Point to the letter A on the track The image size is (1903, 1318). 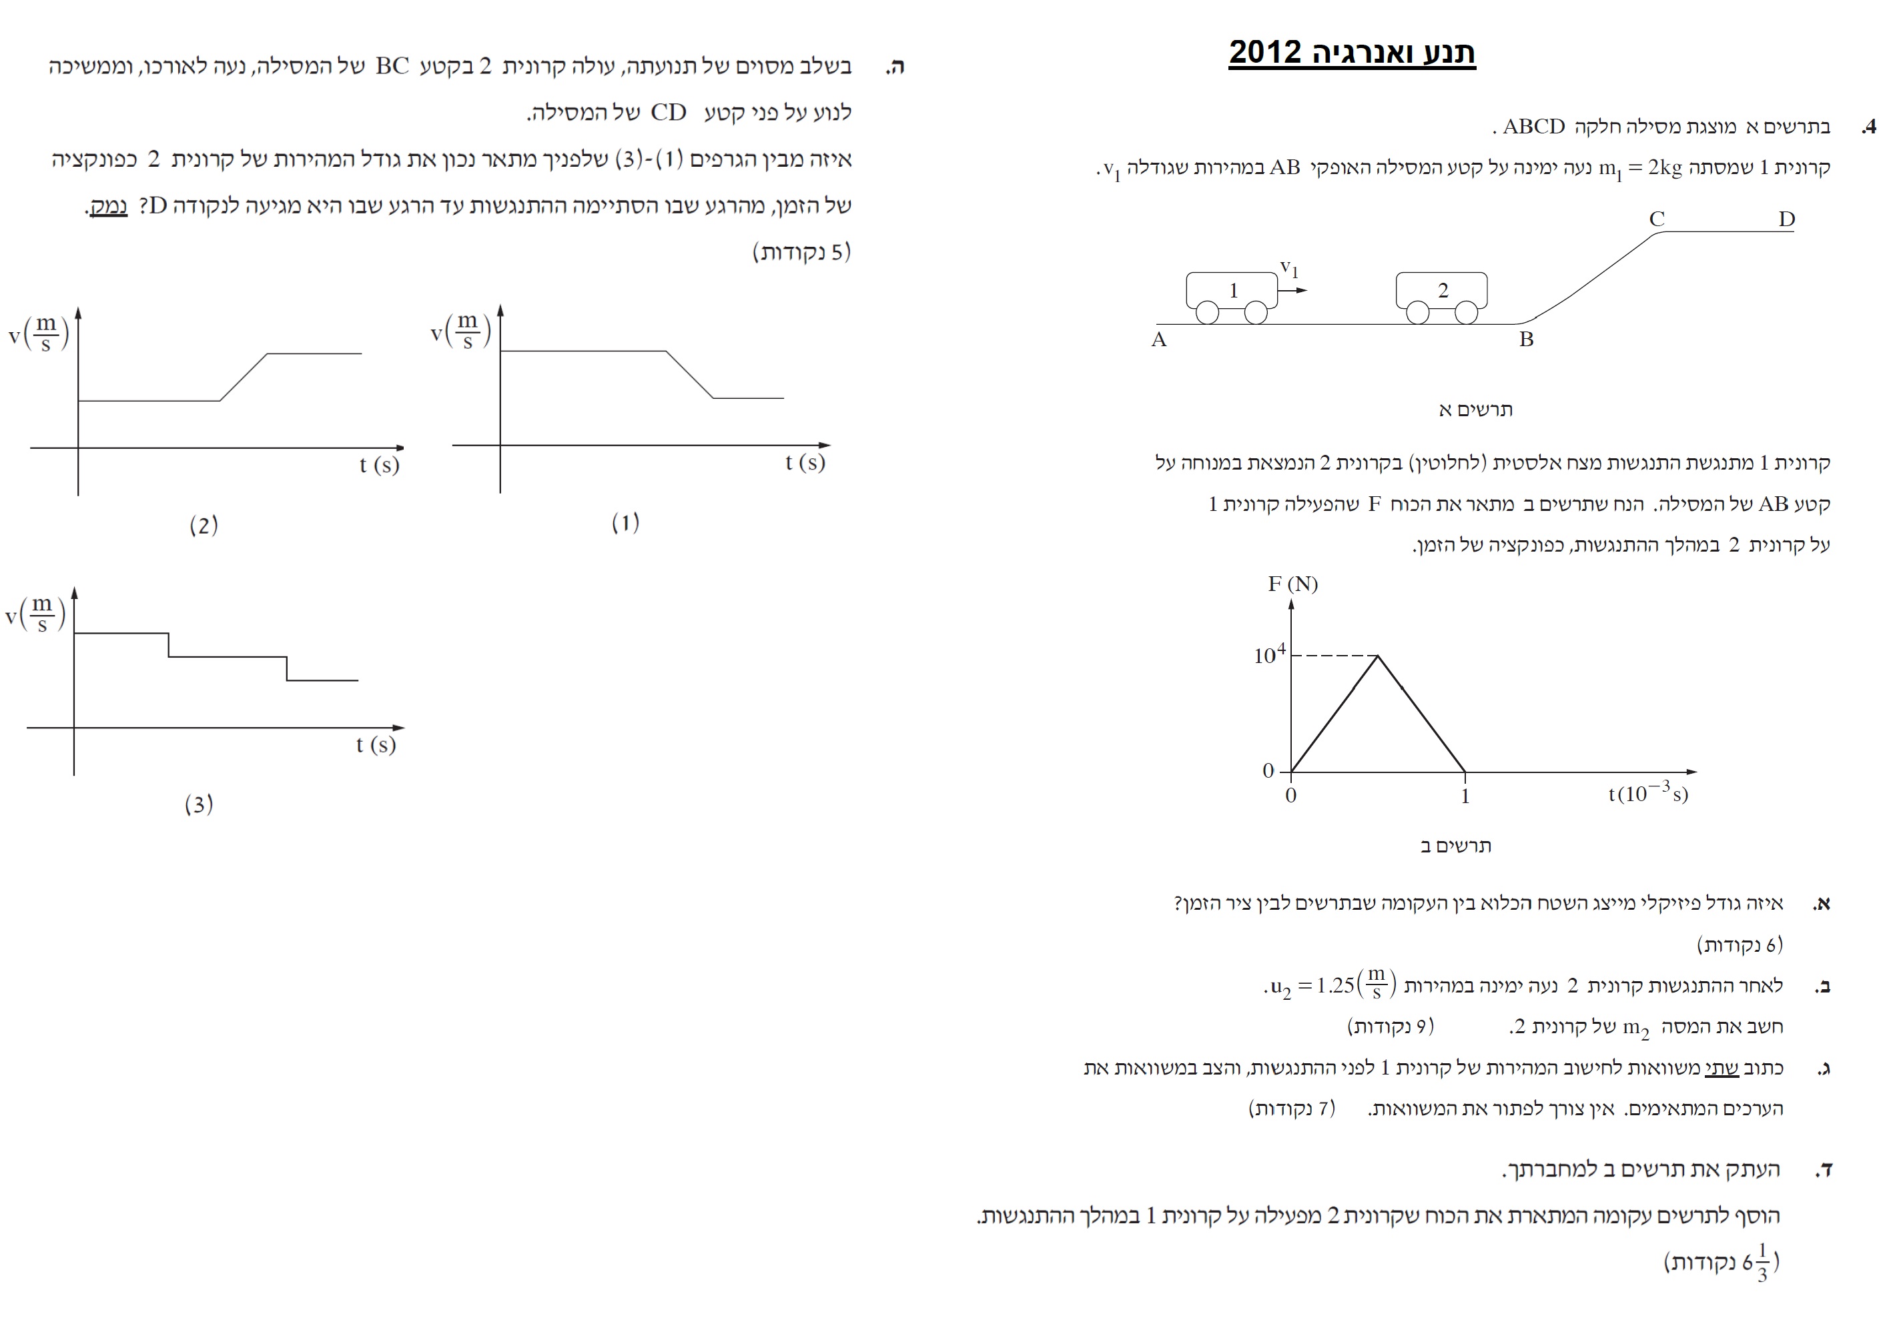1159,340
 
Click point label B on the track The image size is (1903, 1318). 1525,340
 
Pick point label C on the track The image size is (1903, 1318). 1656,219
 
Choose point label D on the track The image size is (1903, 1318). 1786,219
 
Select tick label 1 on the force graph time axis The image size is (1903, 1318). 1465,796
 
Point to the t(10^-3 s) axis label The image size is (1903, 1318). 1648,794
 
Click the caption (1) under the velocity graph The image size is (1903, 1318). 625,523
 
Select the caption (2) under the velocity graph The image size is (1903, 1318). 204,525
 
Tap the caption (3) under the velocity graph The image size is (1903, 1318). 198,804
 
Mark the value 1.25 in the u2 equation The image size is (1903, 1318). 1335,986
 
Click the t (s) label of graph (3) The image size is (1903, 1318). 376,745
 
